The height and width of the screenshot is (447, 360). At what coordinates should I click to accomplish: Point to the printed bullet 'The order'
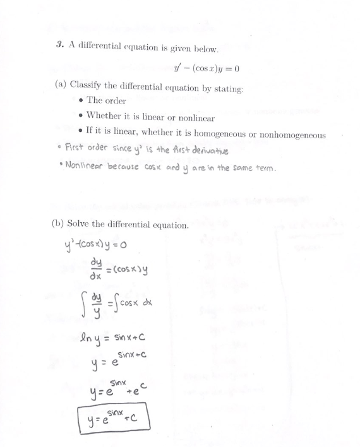click(106, 101)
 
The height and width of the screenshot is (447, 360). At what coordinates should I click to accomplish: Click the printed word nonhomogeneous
click(290, 134)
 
